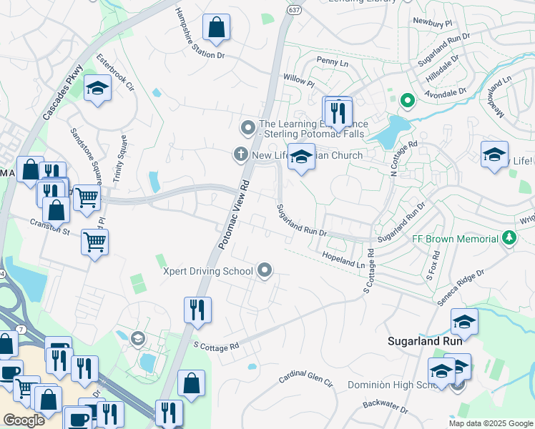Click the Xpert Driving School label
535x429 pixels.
tap(208, 271)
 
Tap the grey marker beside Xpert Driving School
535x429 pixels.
tap(265, 270)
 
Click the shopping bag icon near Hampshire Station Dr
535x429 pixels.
tap(216, 29)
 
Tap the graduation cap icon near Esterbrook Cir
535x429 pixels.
tap(97, 89)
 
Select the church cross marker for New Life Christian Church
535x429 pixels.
tap(241, 154)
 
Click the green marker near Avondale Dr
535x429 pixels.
tap(407, 102)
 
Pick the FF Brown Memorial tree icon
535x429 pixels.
tap(509, 237)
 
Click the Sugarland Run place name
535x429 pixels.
tap(426, 341)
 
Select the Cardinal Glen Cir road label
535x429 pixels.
tap(306, 377)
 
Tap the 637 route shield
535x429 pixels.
tap(294, 10)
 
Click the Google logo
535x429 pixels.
tap(24, 420)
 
